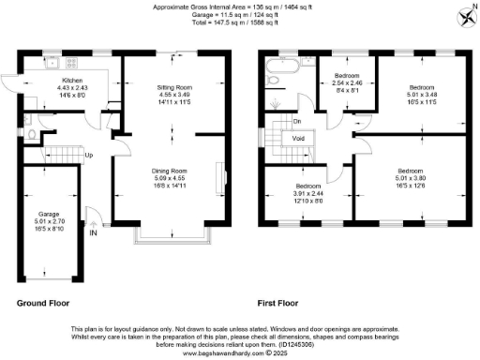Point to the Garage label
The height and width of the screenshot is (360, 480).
48,215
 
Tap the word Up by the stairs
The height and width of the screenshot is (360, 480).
88,155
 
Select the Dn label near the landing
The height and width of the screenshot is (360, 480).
297,121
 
